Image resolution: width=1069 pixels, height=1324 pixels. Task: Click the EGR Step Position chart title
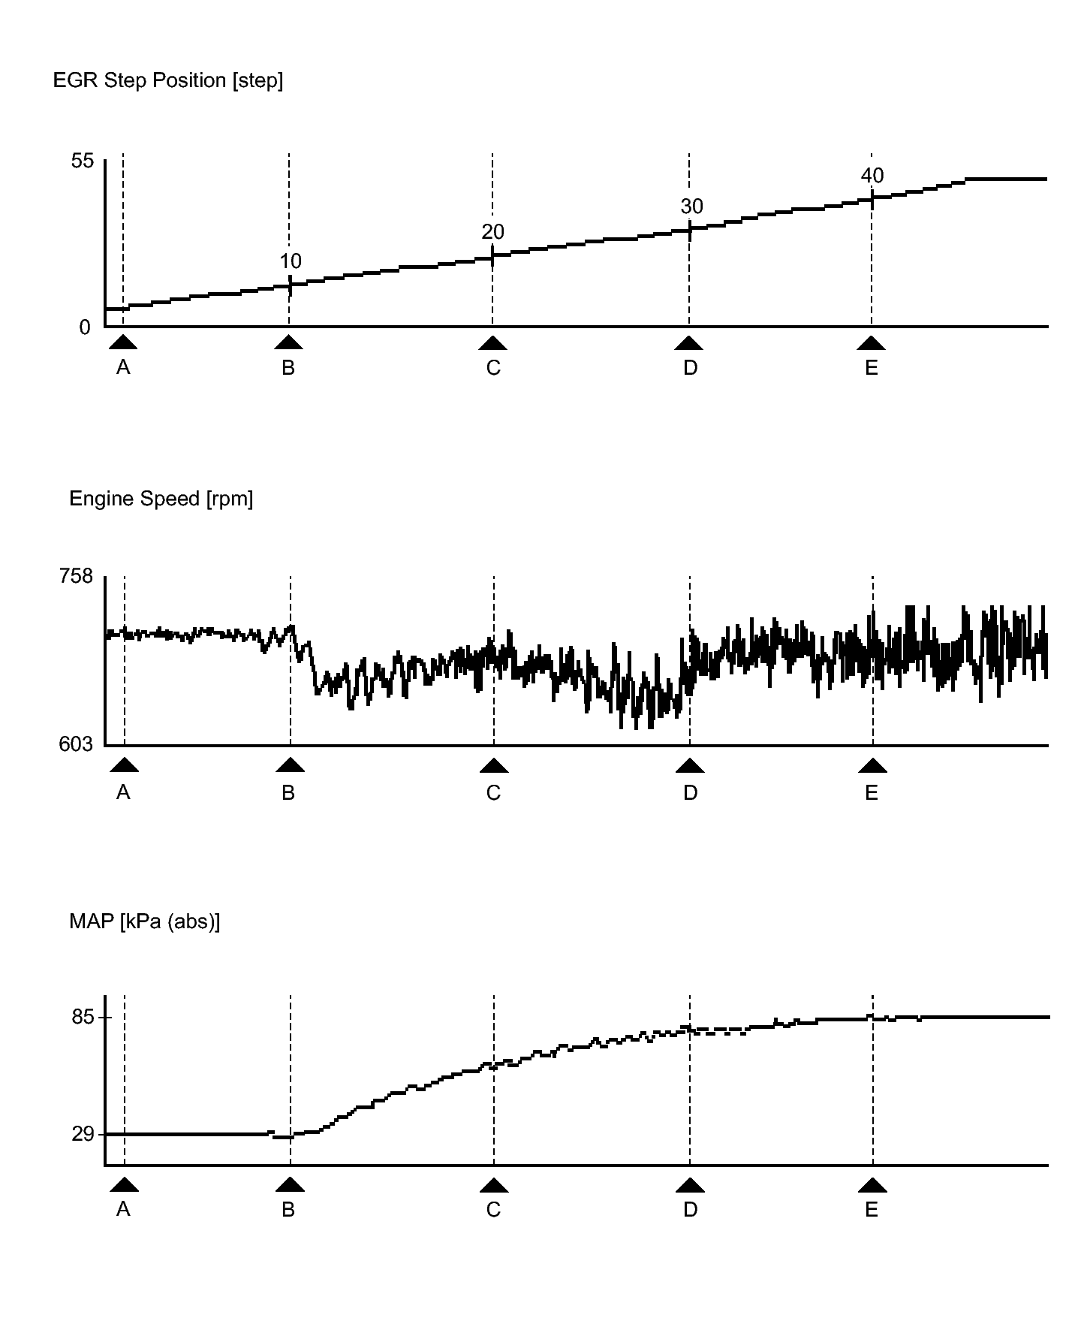(167, 80)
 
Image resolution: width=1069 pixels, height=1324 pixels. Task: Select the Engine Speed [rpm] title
(161, 499)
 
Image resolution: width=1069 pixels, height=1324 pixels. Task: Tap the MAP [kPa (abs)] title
(144, 921)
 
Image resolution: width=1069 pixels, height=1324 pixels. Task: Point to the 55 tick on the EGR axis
(83, 161)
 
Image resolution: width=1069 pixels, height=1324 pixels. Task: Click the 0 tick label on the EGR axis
(85, 327)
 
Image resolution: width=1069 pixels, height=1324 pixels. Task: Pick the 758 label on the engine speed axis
(77, 576)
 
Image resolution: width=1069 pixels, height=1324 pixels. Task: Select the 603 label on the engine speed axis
(77, 744)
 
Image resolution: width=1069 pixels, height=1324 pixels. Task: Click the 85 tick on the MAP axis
(83, 1018)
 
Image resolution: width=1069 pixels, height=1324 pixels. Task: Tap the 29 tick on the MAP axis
(83, 1134)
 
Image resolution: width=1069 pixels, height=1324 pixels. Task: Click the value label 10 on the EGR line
(291, 261)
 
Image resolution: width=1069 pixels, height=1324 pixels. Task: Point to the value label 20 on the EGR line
(492, 232)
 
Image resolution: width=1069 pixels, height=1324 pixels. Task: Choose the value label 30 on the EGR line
(691, 207)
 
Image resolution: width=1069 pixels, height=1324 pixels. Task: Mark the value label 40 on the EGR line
(872, 176)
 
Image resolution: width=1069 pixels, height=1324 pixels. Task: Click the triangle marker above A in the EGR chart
(123, 343)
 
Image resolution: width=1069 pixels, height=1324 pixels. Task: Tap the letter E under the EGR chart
(872, 368)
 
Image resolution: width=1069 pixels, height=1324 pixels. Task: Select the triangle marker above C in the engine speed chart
(493, 766)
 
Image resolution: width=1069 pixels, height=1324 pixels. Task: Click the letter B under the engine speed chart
(288, 792)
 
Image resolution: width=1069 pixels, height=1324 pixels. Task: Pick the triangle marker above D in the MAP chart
(690, 1186)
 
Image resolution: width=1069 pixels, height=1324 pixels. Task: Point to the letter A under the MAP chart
(123, 1210)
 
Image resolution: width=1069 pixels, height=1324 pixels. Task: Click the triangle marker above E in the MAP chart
(872, 1186)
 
